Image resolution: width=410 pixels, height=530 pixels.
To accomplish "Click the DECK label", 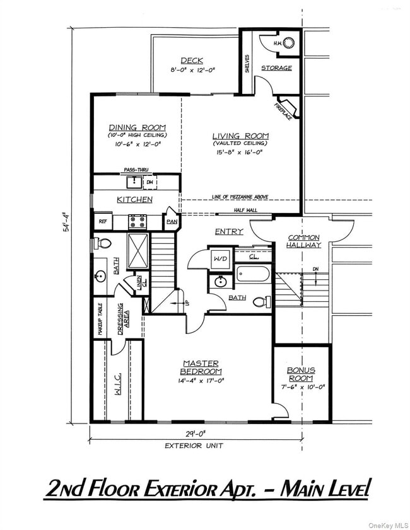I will tap(192, 60).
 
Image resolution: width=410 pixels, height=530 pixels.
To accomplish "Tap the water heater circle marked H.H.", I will tap(288, 43).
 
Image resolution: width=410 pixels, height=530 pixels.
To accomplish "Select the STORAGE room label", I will tap(276, 68).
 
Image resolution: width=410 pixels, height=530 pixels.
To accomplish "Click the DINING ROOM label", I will tap(137, 127).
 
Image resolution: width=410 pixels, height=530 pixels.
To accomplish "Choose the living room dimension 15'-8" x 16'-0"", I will tap(240, 152).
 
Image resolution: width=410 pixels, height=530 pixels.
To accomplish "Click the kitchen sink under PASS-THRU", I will tap(134, 183).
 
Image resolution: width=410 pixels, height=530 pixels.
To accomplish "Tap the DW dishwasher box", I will tap(150, 183).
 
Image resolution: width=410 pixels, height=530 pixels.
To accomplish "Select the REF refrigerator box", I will tap(102, 221).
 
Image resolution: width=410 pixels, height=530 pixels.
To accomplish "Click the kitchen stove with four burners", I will tap(138, 221).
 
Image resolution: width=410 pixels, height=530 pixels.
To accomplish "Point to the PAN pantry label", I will tap(171, 222).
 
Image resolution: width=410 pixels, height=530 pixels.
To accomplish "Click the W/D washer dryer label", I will tap(221, 258).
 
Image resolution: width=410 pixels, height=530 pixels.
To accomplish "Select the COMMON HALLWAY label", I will tap(304, 241).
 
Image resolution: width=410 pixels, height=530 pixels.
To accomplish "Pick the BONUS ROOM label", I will tap(301, 374).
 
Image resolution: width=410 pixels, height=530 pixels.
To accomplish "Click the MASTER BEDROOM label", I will tap(201, 367).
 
